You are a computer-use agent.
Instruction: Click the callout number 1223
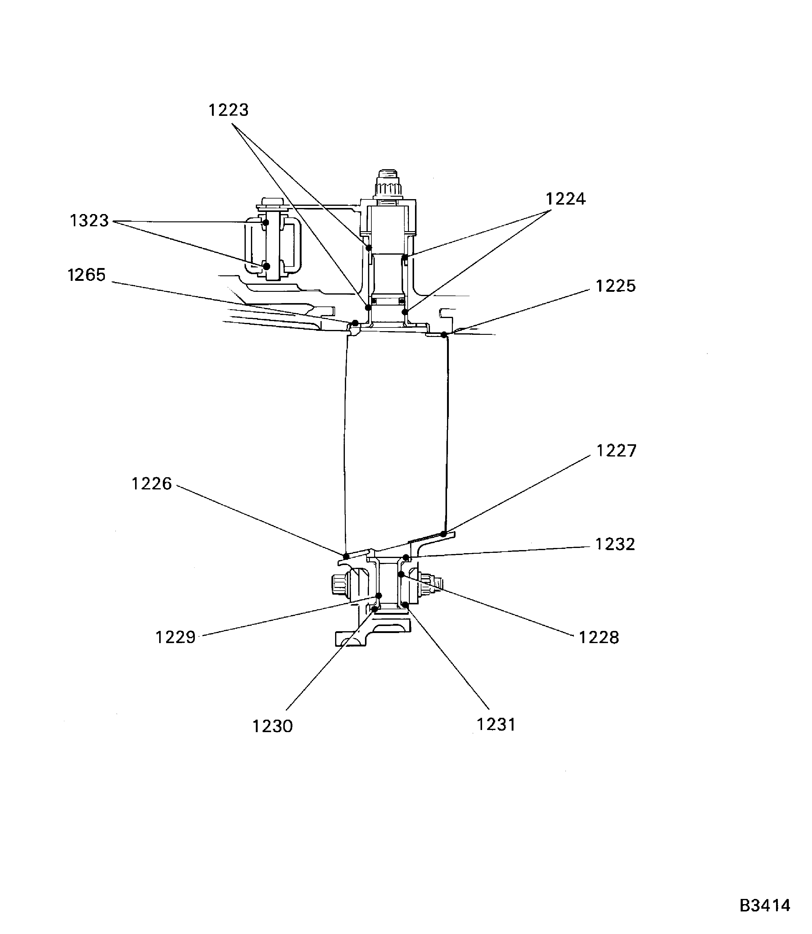tap(228, 110)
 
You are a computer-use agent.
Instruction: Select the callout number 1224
tap(566, 199)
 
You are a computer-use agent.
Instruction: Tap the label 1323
tap(89, 221)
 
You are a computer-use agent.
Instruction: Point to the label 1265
tap(87, 275)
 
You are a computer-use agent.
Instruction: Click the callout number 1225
tap(616, 286)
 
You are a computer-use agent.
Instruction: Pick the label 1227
tap(617, 451)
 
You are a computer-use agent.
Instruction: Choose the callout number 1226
tap(152, 484)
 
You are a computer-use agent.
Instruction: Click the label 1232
tap(615, 544)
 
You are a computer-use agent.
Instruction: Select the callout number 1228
tap(599, 638)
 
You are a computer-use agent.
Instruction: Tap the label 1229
tap(176, 638)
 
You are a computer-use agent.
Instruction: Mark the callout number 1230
tap(273, 726)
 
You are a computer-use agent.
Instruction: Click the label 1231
tap(496, 725)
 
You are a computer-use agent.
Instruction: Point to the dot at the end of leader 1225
tap(444, 335)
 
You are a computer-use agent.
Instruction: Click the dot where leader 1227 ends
tap(444, 534)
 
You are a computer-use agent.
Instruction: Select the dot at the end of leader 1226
tap(346, 556)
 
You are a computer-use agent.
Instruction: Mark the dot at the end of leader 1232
tap(406, 557)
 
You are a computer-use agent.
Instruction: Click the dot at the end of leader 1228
tap(401, 574)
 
